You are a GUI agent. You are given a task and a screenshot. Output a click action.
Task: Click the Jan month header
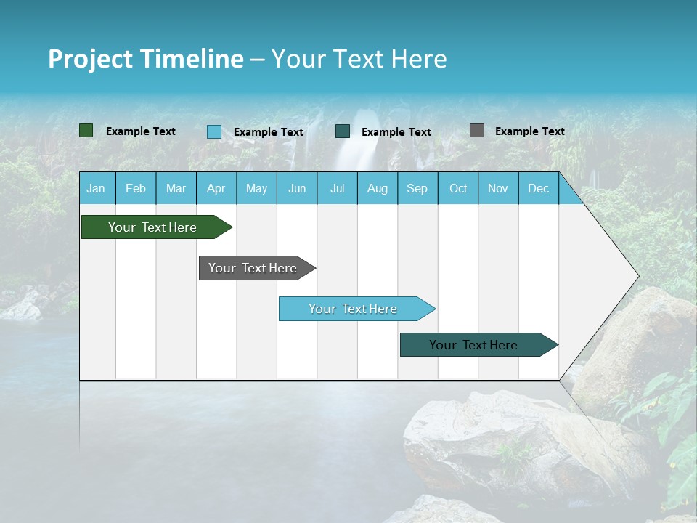click(96, 189)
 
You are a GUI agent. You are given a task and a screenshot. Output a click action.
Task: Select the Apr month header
click(216, 189)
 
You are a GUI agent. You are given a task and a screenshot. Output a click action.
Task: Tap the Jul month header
click(337, 189)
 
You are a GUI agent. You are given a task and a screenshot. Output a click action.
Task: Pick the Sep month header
click(417, 189)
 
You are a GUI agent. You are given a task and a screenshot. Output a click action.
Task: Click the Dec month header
click(538, 189)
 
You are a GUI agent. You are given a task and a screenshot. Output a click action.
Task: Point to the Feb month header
click(136, 189)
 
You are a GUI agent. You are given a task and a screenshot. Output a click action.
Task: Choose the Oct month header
click(458, 189)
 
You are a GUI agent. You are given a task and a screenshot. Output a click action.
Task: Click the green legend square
click(86, 131)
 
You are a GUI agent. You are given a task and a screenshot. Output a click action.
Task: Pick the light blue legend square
click(214, 131)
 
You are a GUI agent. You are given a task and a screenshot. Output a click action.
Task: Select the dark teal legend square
click(343, 131)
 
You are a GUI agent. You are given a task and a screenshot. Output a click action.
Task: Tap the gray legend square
click(477, 131)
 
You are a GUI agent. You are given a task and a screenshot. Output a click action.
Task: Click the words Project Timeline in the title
click(145, 59)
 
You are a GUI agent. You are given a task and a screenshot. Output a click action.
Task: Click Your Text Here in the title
click(359, 59)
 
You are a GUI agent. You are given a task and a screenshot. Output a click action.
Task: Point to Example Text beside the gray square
click(529, 131)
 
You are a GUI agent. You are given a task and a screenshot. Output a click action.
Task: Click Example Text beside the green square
click(140, 131)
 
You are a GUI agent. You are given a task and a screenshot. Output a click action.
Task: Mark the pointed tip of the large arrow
click(637, 276)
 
